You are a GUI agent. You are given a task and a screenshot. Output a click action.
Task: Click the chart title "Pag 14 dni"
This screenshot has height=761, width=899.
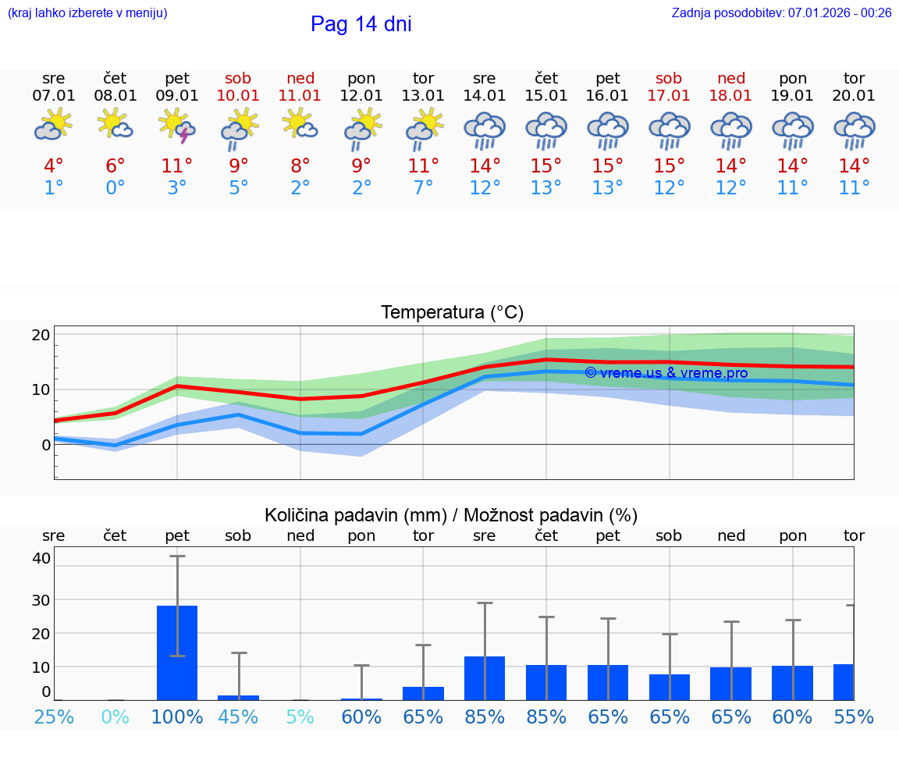(361, 24)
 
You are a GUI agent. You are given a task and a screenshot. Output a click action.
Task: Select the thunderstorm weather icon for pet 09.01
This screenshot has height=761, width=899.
(177, 126)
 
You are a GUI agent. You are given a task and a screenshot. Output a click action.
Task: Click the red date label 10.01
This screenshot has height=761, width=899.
(238, 96)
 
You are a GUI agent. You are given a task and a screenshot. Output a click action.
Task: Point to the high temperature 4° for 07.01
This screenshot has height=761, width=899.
(54, 166)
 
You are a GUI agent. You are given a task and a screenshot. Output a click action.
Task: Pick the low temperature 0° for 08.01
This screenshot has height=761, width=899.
(115, 188)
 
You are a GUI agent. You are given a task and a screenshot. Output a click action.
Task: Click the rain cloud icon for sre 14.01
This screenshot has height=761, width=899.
(485, 130)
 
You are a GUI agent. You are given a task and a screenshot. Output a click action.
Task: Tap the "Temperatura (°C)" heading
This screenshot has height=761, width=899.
(452, 313)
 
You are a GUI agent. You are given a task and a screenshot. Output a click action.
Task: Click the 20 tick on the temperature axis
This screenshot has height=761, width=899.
(41, 335)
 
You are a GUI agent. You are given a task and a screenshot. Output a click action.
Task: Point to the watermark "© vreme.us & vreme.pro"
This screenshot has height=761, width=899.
(666, 373)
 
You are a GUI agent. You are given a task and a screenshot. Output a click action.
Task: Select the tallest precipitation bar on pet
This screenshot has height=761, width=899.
(177, 653)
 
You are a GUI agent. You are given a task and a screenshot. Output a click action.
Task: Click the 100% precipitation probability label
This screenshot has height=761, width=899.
(177, 717)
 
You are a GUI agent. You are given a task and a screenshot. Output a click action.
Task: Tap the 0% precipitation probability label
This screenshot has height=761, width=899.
(115, 717)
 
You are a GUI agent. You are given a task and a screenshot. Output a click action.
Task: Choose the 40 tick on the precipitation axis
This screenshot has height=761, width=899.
(41, 557)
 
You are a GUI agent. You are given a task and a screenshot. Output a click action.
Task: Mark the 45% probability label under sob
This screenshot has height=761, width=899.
(238, 717)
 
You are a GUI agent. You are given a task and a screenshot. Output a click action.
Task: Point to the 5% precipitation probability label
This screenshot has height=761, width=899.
(300, 717)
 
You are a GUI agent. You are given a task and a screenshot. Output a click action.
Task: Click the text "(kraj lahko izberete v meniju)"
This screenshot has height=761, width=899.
(87, 12)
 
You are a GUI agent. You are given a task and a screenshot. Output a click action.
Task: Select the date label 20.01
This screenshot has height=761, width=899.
(854, 96)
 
